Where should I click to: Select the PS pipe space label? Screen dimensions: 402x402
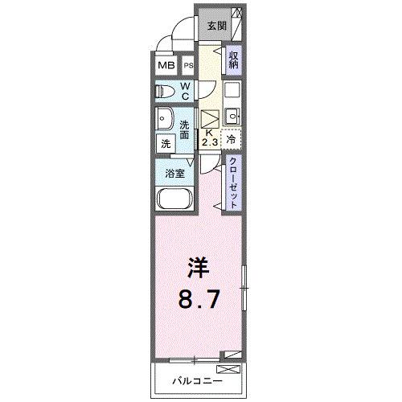(x=188, y=66)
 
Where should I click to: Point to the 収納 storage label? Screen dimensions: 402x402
(x=232, y=59)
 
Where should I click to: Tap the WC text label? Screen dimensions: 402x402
(x=184, y=91)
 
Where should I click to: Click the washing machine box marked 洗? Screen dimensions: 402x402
(x=165, y=143)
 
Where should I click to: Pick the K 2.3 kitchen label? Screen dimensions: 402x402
(x=209, y=137)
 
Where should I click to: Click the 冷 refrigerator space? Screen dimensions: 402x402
(x=232, y=138)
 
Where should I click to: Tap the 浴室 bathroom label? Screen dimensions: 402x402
(x=174, y=172)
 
